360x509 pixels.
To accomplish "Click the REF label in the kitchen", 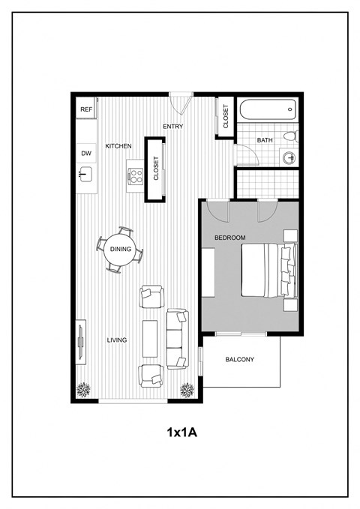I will (86, 109).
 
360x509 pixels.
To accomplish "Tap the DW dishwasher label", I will (85, 153).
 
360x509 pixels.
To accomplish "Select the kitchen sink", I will (85, 175).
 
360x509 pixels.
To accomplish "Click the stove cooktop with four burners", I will (136, 177).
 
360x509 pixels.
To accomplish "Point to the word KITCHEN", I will (118, 145).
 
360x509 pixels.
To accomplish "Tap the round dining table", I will (120, 250).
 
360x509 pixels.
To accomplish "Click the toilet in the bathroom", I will (291, 136).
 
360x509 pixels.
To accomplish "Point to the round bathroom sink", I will (289, 157).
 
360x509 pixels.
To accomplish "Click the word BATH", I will (265, 140).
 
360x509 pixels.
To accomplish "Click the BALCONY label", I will (240, 360).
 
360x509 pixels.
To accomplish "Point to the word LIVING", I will (116, 340).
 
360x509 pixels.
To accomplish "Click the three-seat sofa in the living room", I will (178, 339).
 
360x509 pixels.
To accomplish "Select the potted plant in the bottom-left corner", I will (85, 389).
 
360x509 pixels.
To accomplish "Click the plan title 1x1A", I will (181, 433).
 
